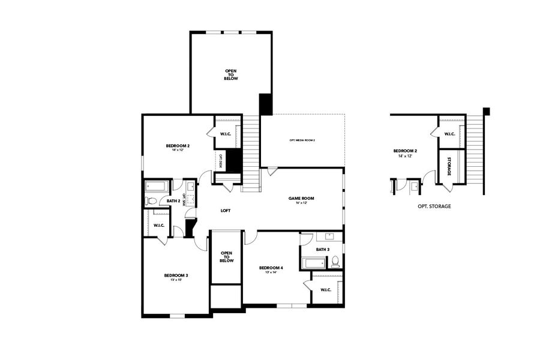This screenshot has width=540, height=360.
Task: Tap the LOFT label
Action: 226,211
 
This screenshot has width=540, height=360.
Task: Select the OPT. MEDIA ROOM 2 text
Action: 302,140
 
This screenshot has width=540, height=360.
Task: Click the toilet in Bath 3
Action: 335,261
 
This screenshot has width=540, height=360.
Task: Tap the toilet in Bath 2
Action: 152,201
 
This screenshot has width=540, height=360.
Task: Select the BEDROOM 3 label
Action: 176,275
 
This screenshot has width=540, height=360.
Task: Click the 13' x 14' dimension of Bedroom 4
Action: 271,272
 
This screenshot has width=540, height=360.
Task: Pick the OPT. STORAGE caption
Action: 434,206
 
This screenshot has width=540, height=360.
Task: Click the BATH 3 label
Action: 322,249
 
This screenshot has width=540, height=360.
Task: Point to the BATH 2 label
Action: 173,201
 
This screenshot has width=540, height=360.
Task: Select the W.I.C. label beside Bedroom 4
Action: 326,290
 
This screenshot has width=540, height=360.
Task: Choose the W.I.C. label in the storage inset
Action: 449,134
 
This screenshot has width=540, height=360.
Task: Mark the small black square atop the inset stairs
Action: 487,111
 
